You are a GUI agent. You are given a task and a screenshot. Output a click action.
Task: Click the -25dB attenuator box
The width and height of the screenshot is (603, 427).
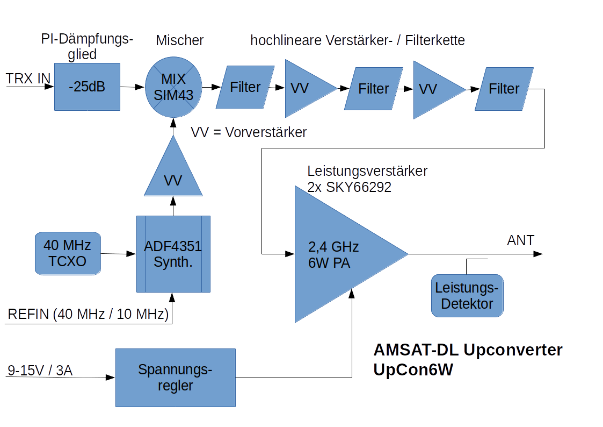point(87,87)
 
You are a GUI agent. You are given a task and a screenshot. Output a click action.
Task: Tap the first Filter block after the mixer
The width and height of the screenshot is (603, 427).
point(245,87)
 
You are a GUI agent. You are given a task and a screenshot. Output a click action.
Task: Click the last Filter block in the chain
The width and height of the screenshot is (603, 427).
point(504,88)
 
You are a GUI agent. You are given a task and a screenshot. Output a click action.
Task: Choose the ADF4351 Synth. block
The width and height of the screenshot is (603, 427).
point(173,254)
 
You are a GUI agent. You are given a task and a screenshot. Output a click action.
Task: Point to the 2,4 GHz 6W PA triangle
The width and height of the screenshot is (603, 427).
point(338,254)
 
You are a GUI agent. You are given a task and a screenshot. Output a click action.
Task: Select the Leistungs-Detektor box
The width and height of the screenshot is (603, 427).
point(467,295)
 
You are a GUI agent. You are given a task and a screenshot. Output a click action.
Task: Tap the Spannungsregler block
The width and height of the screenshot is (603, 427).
point(176,378)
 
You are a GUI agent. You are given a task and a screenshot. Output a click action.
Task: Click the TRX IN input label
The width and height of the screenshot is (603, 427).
point(28,79)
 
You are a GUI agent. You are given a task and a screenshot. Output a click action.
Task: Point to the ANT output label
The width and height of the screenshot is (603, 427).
point(521,240)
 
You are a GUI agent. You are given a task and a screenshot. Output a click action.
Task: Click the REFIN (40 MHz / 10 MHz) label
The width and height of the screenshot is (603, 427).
point(88,314)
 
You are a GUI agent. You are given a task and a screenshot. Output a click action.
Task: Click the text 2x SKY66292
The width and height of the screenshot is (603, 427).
point(349,188)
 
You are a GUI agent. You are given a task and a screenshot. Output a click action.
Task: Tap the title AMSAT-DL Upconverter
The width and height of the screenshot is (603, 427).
point(468,350)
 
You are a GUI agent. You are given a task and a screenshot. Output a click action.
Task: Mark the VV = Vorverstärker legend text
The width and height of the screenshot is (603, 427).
point(249,132)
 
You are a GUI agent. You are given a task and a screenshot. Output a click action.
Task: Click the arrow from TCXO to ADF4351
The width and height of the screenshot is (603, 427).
point(118,253)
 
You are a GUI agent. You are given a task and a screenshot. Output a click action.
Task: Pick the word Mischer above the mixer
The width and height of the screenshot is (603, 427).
point(180,40)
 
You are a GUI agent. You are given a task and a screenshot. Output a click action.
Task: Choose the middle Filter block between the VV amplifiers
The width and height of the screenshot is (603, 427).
point(374,89)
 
